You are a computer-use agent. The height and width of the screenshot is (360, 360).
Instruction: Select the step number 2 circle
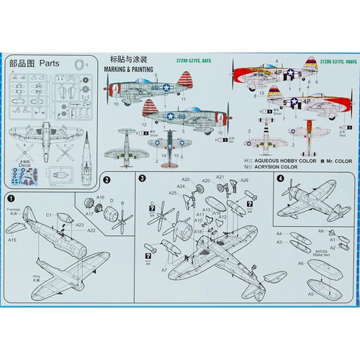pyautogui.click(x=106, y=181)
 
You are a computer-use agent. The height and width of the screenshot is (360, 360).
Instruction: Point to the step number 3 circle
pyautogui.click(x=143, y=178)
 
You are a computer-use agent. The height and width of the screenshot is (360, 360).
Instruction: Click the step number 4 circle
pyautogui.click(x=279, y=179)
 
